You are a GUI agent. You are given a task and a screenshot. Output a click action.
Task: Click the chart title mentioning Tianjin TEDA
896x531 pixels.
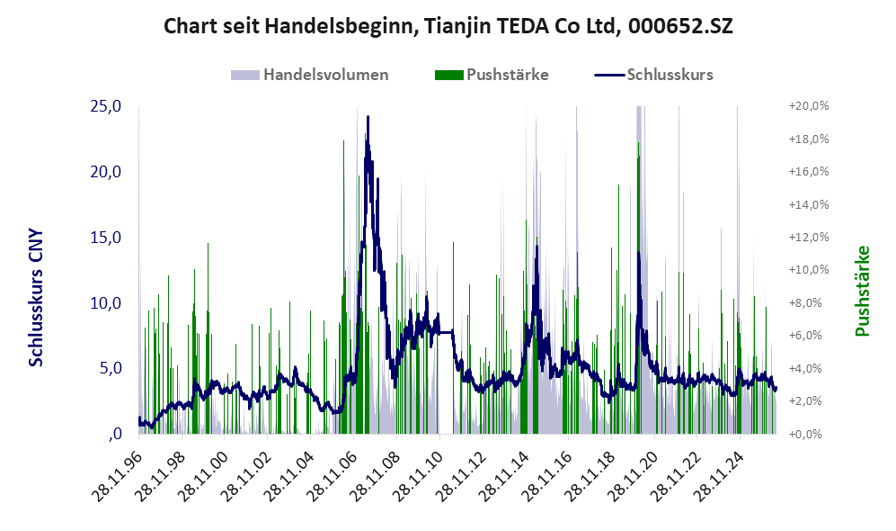tap(448, 26)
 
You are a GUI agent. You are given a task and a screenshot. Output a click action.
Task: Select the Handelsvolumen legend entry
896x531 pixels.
tap(310, 75)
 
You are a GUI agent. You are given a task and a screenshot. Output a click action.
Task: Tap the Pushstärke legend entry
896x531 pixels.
tap(492, 75)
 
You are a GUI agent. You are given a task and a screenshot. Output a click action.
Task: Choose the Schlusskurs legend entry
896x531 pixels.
tap(653, 75)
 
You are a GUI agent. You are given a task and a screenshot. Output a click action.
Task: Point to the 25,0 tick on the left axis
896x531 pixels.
tap(106, 106)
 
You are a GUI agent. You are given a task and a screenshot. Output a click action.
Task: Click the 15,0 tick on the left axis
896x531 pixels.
tap(106, 237)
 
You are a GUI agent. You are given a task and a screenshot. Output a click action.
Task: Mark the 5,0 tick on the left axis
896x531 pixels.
tap(111, 368)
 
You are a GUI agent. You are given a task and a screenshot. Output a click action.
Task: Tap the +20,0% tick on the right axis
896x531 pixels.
tap(809, 106)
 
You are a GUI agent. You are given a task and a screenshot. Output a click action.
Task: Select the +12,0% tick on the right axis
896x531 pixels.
tap(809, 237)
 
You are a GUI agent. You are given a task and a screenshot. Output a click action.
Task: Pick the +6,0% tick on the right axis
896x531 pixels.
tap(809, 336)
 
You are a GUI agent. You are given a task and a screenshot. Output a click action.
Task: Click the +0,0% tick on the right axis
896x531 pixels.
tap(809, 434)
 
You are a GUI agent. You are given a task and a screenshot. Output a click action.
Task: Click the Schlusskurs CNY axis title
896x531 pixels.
tap(35, 298)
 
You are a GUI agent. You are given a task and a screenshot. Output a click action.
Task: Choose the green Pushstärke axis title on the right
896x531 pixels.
tap(862, 292)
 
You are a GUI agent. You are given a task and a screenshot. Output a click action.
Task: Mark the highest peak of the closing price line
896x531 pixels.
tap(368, 117)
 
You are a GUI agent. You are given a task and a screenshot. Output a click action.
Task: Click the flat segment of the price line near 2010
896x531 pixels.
tap(446, 332)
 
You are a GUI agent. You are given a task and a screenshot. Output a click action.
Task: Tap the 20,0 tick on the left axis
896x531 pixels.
tap(106, 172)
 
